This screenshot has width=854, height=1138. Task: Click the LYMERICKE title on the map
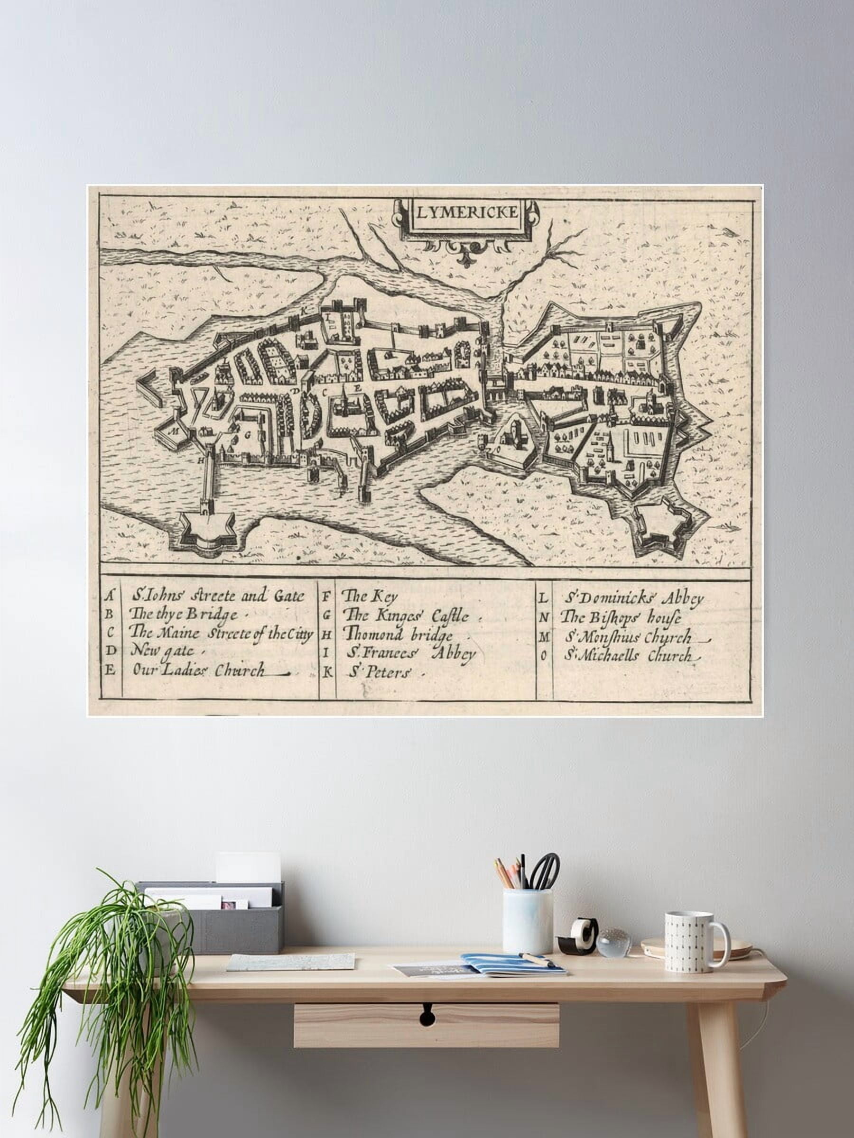pyautogui.click(x=466, y=212)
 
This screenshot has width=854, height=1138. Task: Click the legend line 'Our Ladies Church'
pyautogui.click(x=200, y=670)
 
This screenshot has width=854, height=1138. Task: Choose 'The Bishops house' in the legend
pyautogui.click(x=620, y=617)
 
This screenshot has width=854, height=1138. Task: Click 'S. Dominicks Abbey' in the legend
pyautogui.click(x=634, y=598)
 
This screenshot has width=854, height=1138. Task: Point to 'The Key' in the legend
pyautogui.click(x=363, y=597)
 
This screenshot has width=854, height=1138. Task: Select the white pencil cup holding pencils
pyautogui.click(x=527, y=920)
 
